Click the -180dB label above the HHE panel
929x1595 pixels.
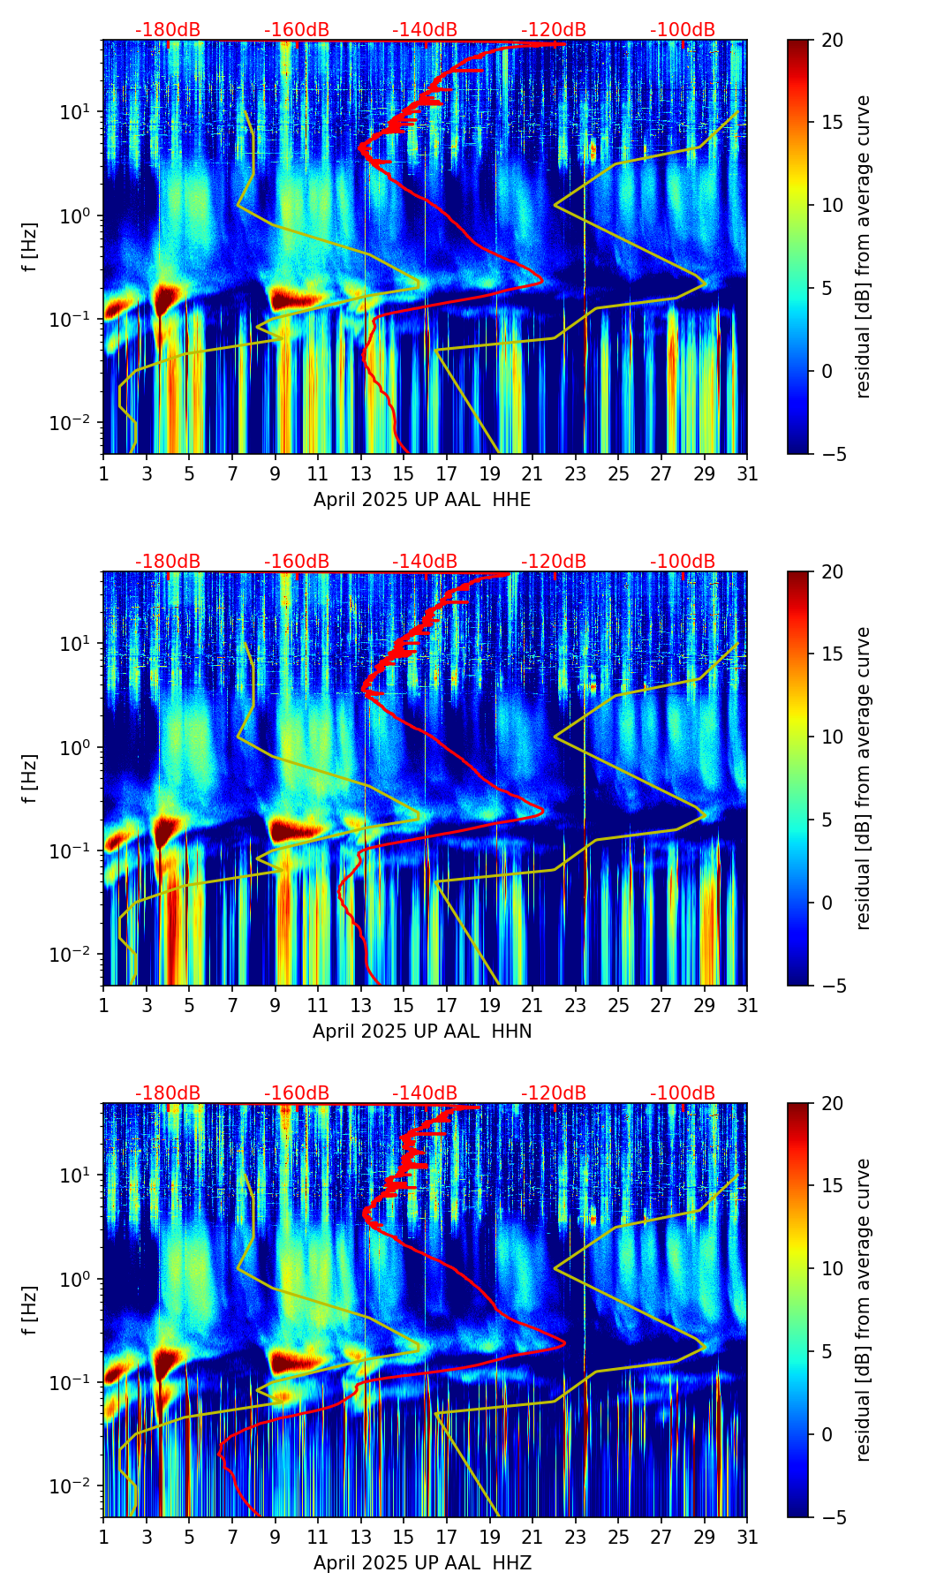168,30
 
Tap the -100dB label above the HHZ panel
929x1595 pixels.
683,1093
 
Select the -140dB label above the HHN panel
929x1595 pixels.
425,562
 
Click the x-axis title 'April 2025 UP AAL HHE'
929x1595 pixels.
422,500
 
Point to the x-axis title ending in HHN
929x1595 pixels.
422,1032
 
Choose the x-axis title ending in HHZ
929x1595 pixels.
422,1563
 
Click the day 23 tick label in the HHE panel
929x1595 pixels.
575,474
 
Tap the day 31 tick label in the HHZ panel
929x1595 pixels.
747,1538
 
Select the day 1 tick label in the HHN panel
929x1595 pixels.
103,1006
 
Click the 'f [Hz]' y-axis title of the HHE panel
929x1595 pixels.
30,246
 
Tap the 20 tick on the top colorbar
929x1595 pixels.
832,40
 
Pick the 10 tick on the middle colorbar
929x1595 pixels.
832,737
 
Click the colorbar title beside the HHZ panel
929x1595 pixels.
863,1310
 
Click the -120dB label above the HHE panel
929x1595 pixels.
554,30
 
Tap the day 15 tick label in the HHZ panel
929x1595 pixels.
403,1538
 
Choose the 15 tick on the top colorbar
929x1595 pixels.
832,123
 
